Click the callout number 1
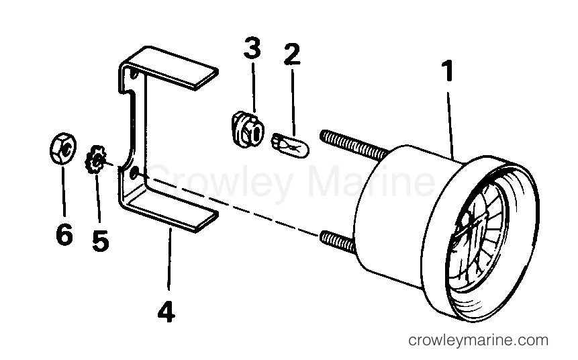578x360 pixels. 448,71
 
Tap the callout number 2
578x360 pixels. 292,54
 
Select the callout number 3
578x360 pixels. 252,48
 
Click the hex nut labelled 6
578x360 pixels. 63,148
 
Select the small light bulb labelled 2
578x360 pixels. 290,145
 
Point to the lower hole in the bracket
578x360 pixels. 135,172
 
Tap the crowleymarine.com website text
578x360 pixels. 478,340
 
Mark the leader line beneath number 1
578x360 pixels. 451,126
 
